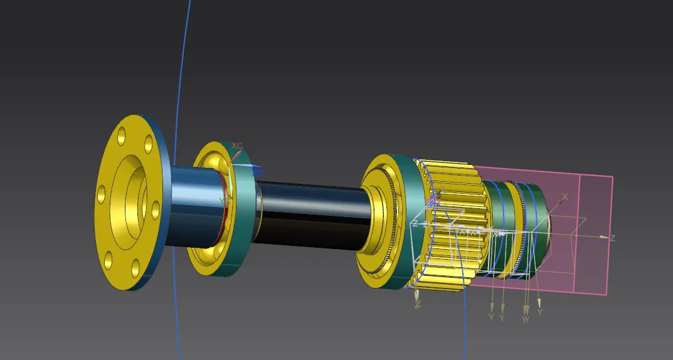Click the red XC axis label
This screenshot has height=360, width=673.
point(237,146)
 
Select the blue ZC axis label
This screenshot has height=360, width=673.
point(257,171)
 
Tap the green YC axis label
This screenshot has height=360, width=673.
point(222,200)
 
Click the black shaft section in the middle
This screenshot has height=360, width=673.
point(307,213)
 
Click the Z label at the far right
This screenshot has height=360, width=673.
point(612,238)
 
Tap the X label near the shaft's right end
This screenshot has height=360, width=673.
point(564,197)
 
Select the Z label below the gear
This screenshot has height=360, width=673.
point(417,305)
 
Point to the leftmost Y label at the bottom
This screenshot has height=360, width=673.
point(491,317)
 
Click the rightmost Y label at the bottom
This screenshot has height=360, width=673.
point(539,312)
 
